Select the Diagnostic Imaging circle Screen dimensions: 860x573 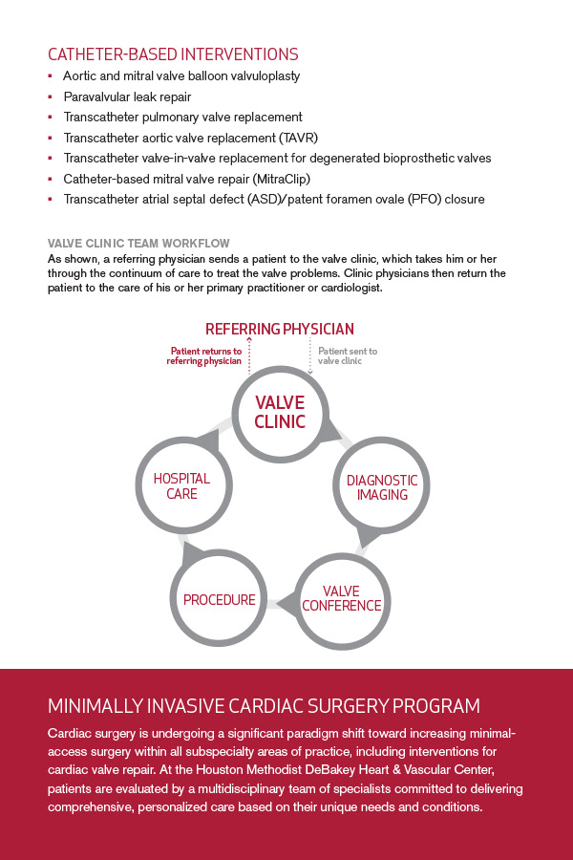(382, 487)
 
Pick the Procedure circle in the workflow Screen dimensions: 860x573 (220, 600)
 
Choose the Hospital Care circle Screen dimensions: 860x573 (181, 486)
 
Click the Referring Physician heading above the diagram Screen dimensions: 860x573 (280, 329)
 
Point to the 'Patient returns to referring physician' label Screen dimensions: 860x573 (204, 356)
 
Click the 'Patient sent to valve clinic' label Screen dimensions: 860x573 (347, 356)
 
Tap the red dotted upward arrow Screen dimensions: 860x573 (248, 354)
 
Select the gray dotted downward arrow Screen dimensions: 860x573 (311, 355)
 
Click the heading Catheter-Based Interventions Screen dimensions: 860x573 (173, 54)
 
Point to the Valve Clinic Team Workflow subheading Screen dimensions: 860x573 (138, 244)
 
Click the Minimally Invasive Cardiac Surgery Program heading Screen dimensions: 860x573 (264, 707)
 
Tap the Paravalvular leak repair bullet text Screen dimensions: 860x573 (127, 97)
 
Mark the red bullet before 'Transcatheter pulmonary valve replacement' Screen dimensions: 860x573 (50, 118)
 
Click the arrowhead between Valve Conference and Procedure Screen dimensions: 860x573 (284, 602)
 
